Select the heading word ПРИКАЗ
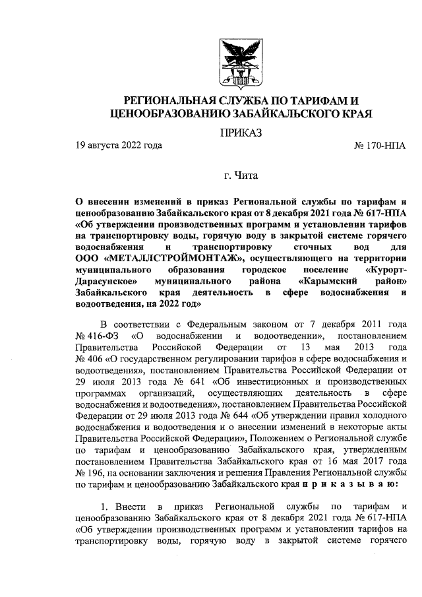[240, 133]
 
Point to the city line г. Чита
[240, 175]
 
